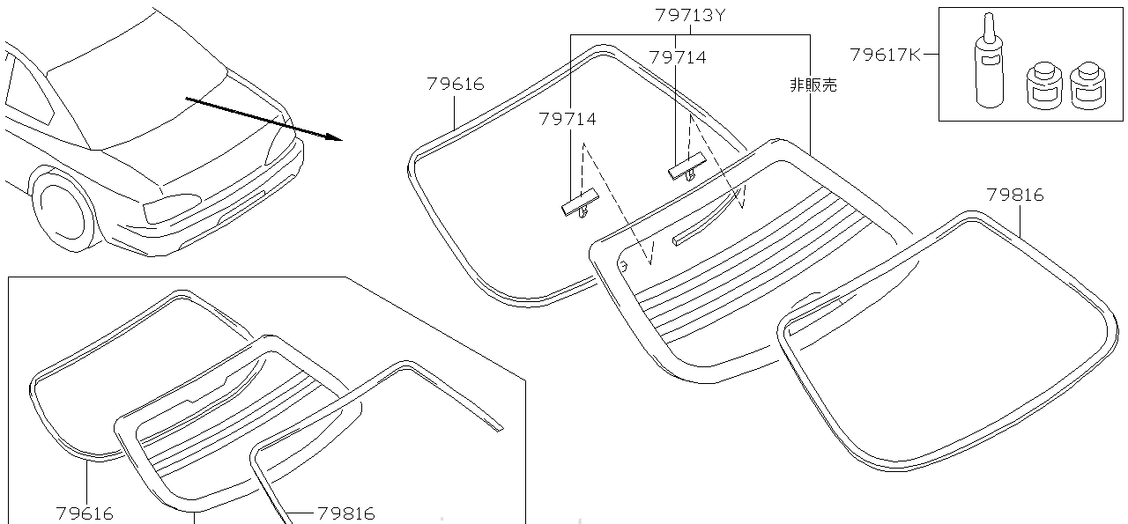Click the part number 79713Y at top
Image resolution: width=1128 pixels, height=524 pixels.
[689, 16]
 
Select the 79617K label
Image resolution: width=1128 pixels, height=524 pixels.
[885, 55]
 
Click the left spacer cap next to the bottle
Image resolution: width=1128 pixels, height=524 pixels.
[1042, 85]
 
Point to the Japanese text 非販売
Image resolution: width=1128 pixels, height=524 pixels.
[813, 85]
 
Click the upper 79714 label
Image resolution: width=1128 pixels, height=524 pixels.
[677, 57]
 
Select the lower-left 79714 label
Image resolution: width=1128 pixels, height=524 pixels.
[567, 120]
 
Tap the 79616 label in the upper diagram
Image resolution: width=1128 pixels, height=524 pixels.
[455, 85]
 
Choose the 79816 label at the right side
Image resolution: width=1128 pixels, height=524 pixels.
[1014, 196]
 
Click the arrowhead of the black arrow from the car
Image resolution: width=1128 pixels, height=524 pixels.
[333, 137]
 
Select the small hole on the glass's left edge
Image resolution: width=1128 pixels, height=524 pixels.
[623, 263]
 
